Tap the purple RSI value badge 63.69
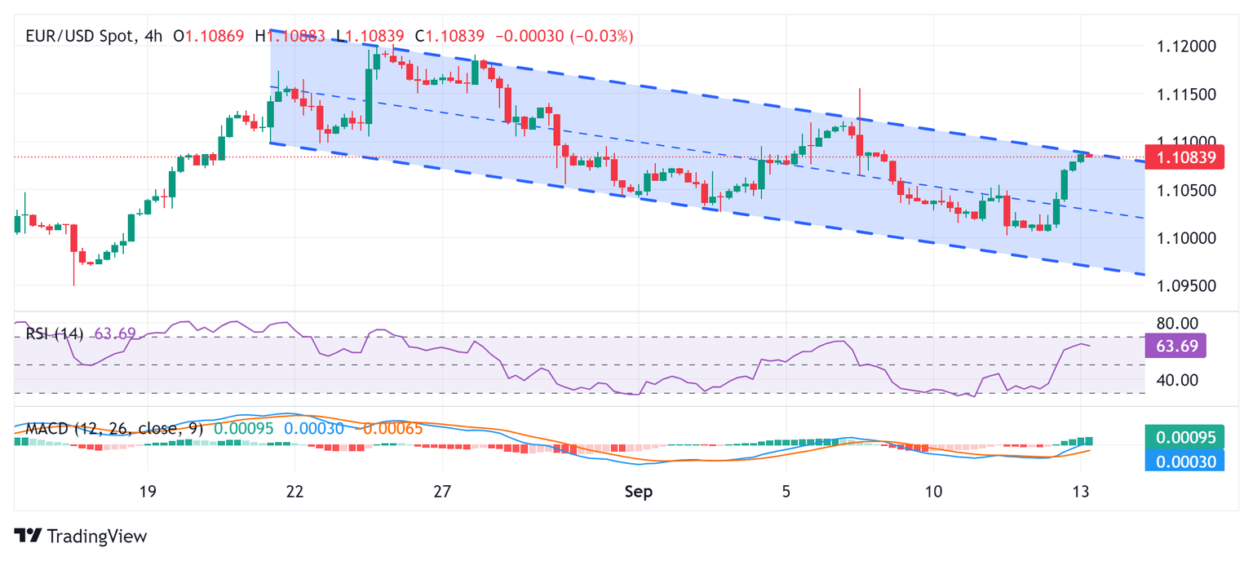click(1176, 346)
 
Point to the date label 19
click(147, 492)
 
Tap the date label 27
click(442, 492)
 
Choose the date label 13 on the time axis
click(1082, 492)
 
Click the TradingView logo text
click(82, 537)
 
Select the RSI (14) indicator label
click(55, 334)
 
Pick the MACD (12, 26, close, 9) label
click(117, 428)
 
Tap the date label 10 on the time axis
click(934, 492)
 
